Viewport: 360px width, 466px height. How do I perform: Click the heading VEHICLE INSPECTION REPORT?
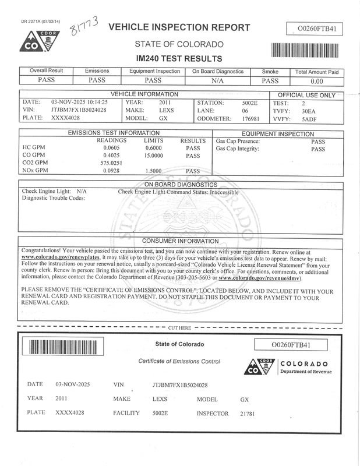[179, 27]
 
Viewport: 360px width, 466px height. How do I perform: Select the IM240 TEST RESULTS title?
[179, 58]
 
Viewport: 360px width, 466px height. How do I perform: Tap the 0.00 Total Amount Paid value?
[316, 82]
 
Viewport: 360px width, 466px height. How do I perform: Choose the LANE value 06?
[245, 110]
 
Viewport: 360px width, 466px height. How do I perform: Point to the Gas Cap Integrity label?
[237, 149]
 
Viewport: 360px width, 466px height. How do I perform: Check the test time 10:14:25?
[93, 101]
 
